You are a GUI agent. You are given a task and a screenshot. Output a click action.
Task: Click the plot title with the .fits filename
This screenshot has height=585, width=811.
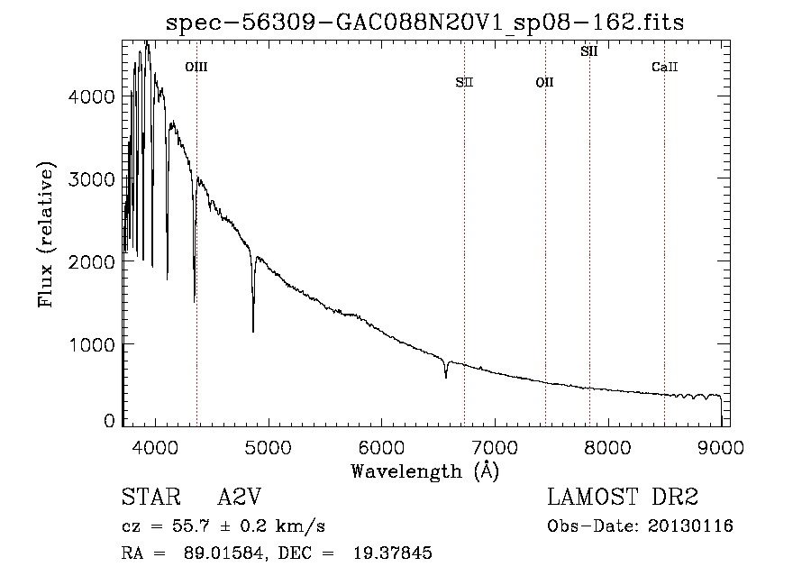pyautogui.click(x=426, y=23)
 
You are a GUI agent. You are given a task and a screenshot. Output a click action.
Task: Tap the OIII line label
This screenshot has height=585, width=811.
pyautogui.click(x=196, y=67)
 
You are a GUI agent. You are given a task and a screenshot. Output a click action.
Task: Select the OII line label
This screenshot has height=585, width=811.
pyautogui.click(x=544, y=83)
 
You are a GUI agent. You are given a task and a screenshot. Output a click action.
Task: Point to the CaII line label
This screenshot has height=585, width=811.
pyautogui.click(x=664, y=67)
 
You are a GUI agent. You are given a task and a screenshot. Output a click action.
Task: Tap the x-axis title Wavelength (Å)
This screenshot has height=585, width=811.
pyautogui.click(x=424, y=470)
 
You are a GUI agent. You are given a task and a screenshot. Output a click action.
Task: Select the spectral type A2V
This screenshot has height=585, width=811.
pyautogui.click(x=240, y=498)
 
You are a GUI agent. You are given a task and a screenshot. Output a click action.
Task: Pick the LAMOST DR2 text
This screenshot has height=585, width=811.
pyautogui.click(x=623, y=498)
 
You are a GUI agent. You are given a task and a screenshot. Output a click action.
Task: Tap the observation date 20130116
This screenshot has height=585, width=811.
pyautogui.click(x=689, y=526)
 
